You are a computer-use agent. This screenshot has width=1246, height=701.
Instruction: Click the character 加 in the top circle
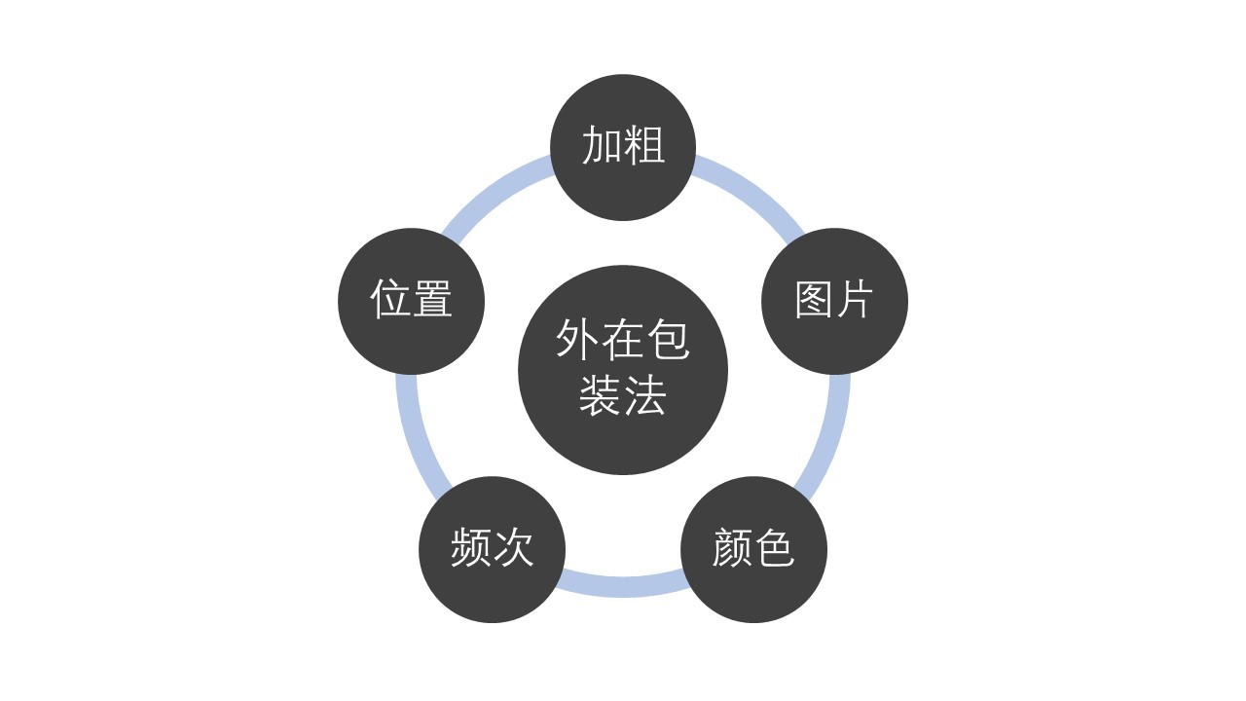602,145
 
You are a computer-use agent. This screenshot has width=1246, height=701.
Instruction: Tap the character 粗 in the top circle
644,145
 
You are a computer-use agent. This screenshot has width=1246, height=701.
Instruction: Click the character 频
470,547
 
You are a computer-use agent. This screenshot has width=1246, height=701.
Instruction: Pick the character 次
513,547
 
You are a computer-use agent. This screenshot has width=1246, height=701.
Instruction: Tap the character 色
774,547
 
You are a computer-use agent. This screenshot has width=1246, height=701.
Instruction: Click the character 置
432,299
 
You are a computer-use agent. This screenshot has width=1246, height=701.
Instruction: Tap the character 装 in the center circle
600,395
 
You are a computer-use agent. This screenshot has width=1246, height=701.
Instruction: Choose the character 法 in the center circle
645,395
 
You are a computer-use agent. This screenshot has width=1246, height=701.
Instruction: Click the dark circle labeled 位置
411,301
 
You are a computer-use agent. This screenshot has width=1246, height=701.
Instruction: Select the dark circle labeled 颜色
753,549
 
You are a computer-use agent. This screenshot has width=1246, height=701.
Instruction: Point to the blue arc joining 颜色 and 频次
623,587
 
